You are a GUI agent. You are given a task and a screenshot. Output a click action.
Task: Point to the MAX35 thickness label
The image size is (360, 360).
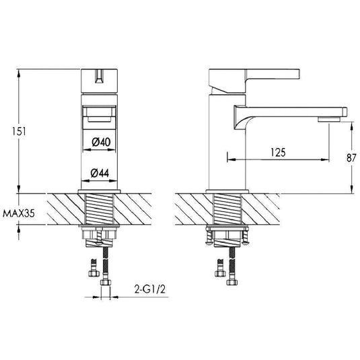point(18,214)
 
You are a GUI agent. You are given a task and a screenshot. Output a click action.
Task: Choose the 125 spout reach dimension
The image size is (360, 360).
point(275,152)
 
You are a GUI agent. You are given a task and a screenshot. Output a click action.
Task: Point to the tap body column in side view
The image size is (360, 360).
point(226,148)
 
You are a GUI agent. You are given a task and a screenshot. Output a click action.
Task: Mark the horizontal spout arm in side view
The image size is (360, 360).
point(289,109)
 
